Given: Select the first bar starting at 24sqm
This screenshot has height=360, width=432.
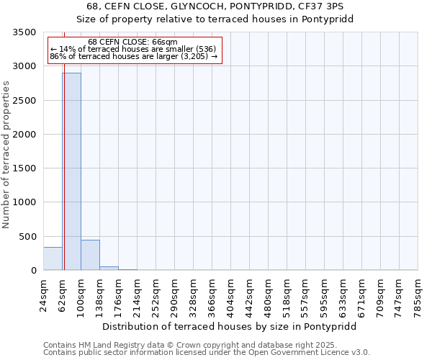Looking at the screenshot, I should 53,258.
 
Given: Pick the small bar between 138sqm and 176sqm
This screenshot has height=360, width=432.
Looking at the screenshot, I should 109,268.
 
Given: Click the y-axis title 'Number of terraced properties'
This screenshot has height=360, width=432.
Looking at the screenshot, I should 7,154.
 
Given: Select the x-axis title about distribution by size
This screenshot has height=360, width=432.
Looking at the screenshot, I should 229,326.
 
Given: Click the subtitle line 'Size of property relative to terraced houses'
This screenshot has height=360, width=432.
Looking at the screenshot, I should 215,19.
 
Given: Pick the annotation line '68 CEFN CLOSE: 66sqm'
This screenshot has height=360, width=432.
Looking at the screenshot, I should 133,42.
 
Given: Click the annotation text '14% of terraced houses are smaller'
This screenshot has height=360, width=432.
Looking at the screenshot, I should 133,49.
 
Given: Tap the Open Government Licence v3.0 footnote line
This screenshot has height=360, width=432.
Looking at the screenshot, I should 207,353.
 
